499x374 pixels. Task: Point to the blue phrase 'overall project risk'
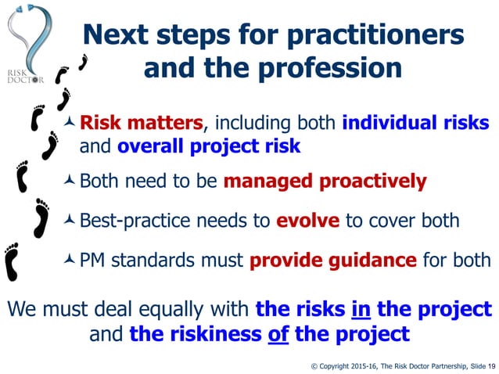tap(209, 146)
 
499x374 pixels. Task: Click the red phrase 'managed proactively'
tap(325, 182)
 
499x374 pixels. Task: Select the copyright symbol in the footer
tap(314, 365)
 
